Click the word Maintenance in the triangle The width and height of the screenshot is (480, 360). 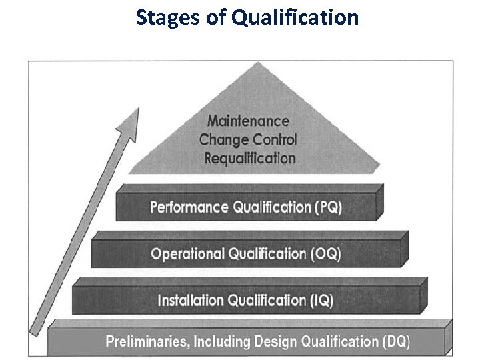coord(248,121)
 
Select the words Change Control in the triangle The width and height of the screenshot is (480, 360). coord(248,140)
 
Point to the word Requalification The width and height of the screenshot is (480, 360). coord(249,159)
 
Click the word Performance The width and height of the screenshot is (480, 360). coord(189,207)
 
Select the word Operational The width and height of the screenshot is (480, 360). coord(188,254)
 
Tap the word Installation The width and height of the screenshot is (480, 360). coord(191,301)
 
